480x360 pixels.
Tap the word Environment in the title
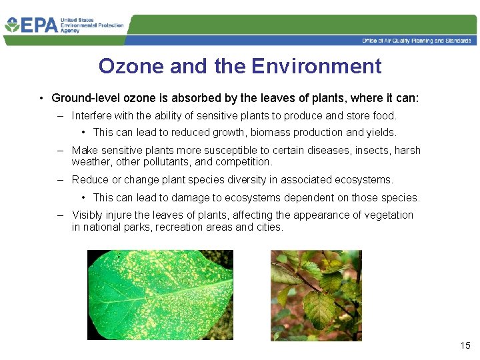[x=317, y=66]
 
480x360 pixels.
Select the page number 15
[x=465, y=345]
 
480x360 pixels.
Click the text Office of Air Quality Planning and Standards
[x=416, y=41]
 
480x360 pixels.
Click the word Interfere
[x=92, y=115]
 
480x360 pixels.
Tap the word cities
[x=269, y=227]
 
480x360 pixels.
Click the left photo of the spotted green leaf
[x=160, y=295]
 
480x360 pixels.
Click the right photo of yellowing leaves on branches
[x=316, y=295]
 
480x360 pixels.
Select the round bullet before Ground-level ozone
[x=41, y=99]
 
